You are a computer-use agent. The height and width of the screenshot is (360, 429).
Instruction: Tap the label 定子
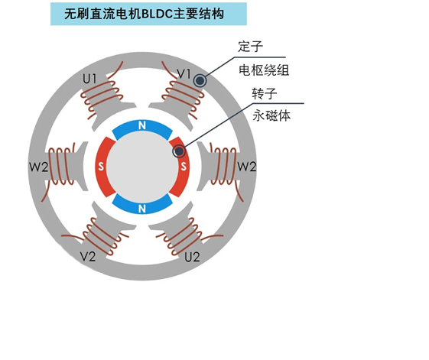tap(250, 47)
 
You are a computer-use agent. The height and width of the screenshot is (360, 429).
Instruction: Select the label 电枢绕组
tap(264, 70)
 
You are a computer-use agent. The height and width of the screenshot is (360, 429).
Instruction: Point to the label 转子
tap(265, 93)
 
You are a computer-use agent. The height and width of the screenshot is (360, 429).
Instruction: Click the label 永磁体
tap(271, 115)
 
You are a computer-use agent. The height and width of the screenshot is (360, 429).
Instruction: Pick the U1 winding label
tap(89, 79)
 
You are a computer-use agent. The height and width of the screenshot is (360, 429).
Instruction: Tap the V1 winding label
tap(184, 73)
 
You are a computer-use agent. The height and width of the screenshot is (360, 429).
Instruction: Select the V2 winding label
tap(88, 257)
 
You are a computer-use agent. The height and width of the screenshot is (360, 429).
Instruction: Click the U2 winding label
tap(192, 257)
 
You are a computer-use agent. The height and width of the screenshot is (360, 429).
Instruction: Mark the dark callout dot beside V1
tap(200, 81)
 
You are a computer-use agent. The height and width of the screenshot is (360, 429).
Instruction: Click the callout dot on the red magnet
tap(179, 151)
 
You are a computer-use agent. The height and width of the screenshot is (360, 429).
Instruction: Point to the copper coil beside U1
tap(102, 94)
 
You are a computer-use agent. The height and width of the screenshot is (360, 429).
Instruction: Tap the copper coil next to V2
tap(102, 235)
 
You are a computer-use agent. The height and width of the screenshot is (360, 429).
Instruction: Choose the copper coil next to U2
tap(183, 235)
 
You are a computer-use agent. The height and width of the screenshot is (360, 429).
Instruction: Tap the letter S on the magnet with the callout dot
tap(184, 166)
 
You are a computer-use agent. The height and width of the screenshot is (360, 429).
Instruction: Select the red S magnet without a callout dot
tap(103, 167)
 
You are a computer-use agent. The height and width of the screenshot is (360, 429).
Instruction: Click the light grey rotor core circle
tap(142, 167)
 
